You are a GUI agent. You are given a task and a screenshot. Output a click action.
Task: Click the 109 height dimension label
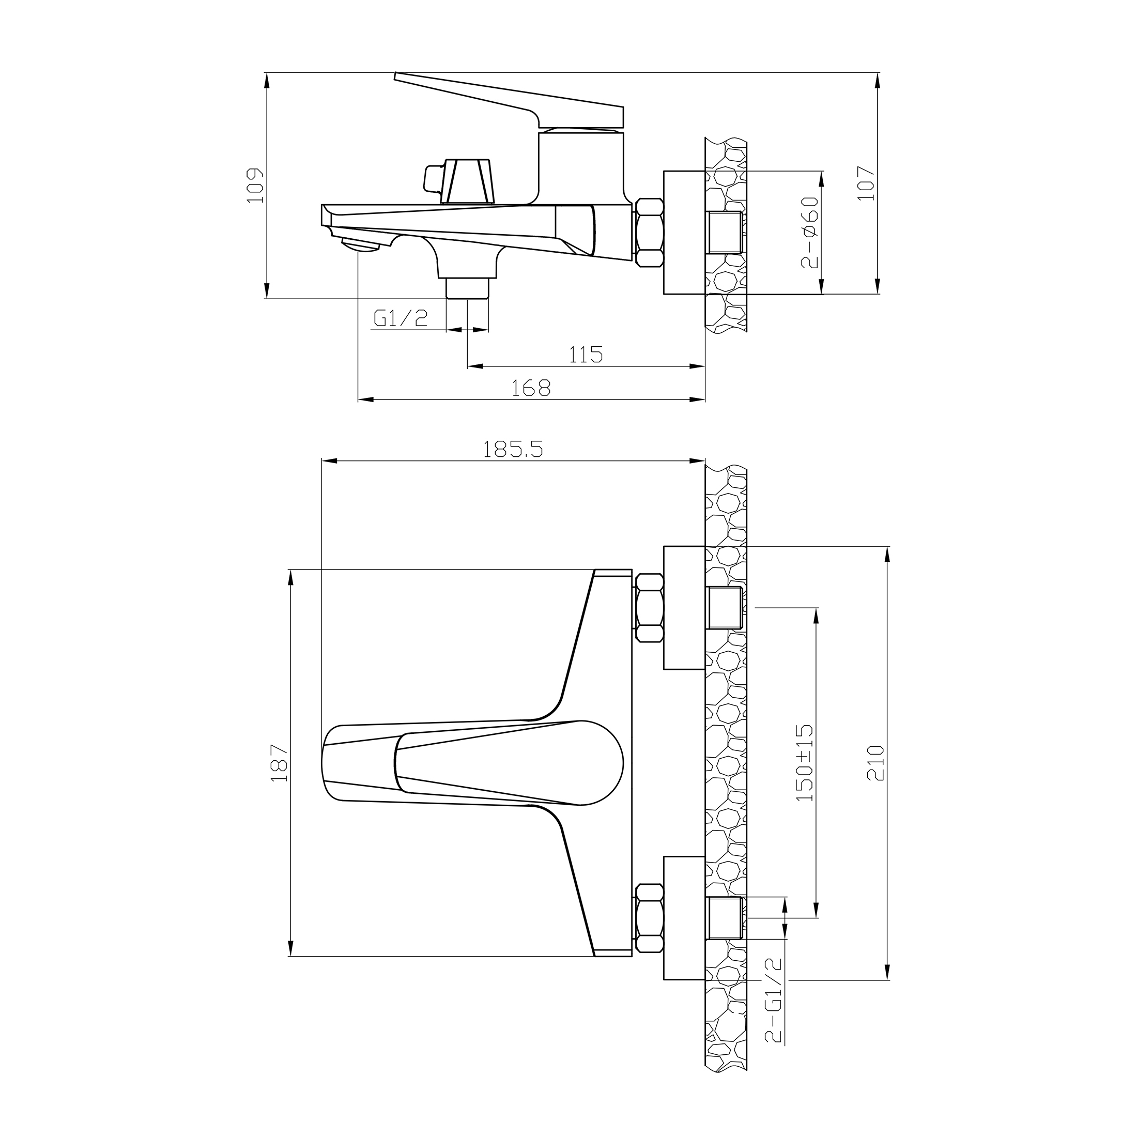pyautogui.click(x=255, y=186)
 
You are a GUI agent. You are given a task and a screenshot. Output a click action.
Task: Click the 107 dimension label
pyautogui.click(x=866, y=183)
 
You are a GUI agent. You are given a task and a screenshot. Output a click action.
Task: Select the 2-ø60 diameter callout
pyautogui.click(x=810, y=233)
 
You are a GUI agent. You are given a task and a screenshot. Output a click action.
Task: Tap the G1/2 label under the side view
pyautogui.click(x=401, y=319)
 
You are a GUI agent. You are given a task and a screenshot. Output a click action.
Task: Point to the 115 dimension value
pyautogui.click(x=586, y=355)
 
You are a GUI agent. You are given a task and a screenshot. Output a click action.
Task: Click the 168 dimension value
pyautogui.click(x=531, y=388)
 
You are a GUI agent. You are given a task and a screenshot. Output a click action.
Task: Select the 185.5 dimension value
pyautogui.click(x=513, y=450)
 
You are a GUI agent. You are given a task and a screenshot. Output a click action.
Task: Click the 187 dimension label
pyautogui.click(x=280, y=763)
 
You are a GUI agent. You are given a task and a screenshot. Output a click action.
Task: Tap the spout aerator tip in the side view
pyautogui.click(x=360, y=245)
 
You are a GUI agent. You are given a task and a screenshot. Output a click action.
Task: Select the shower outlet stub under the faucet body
pyautogui.click(x=467, y=288)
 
